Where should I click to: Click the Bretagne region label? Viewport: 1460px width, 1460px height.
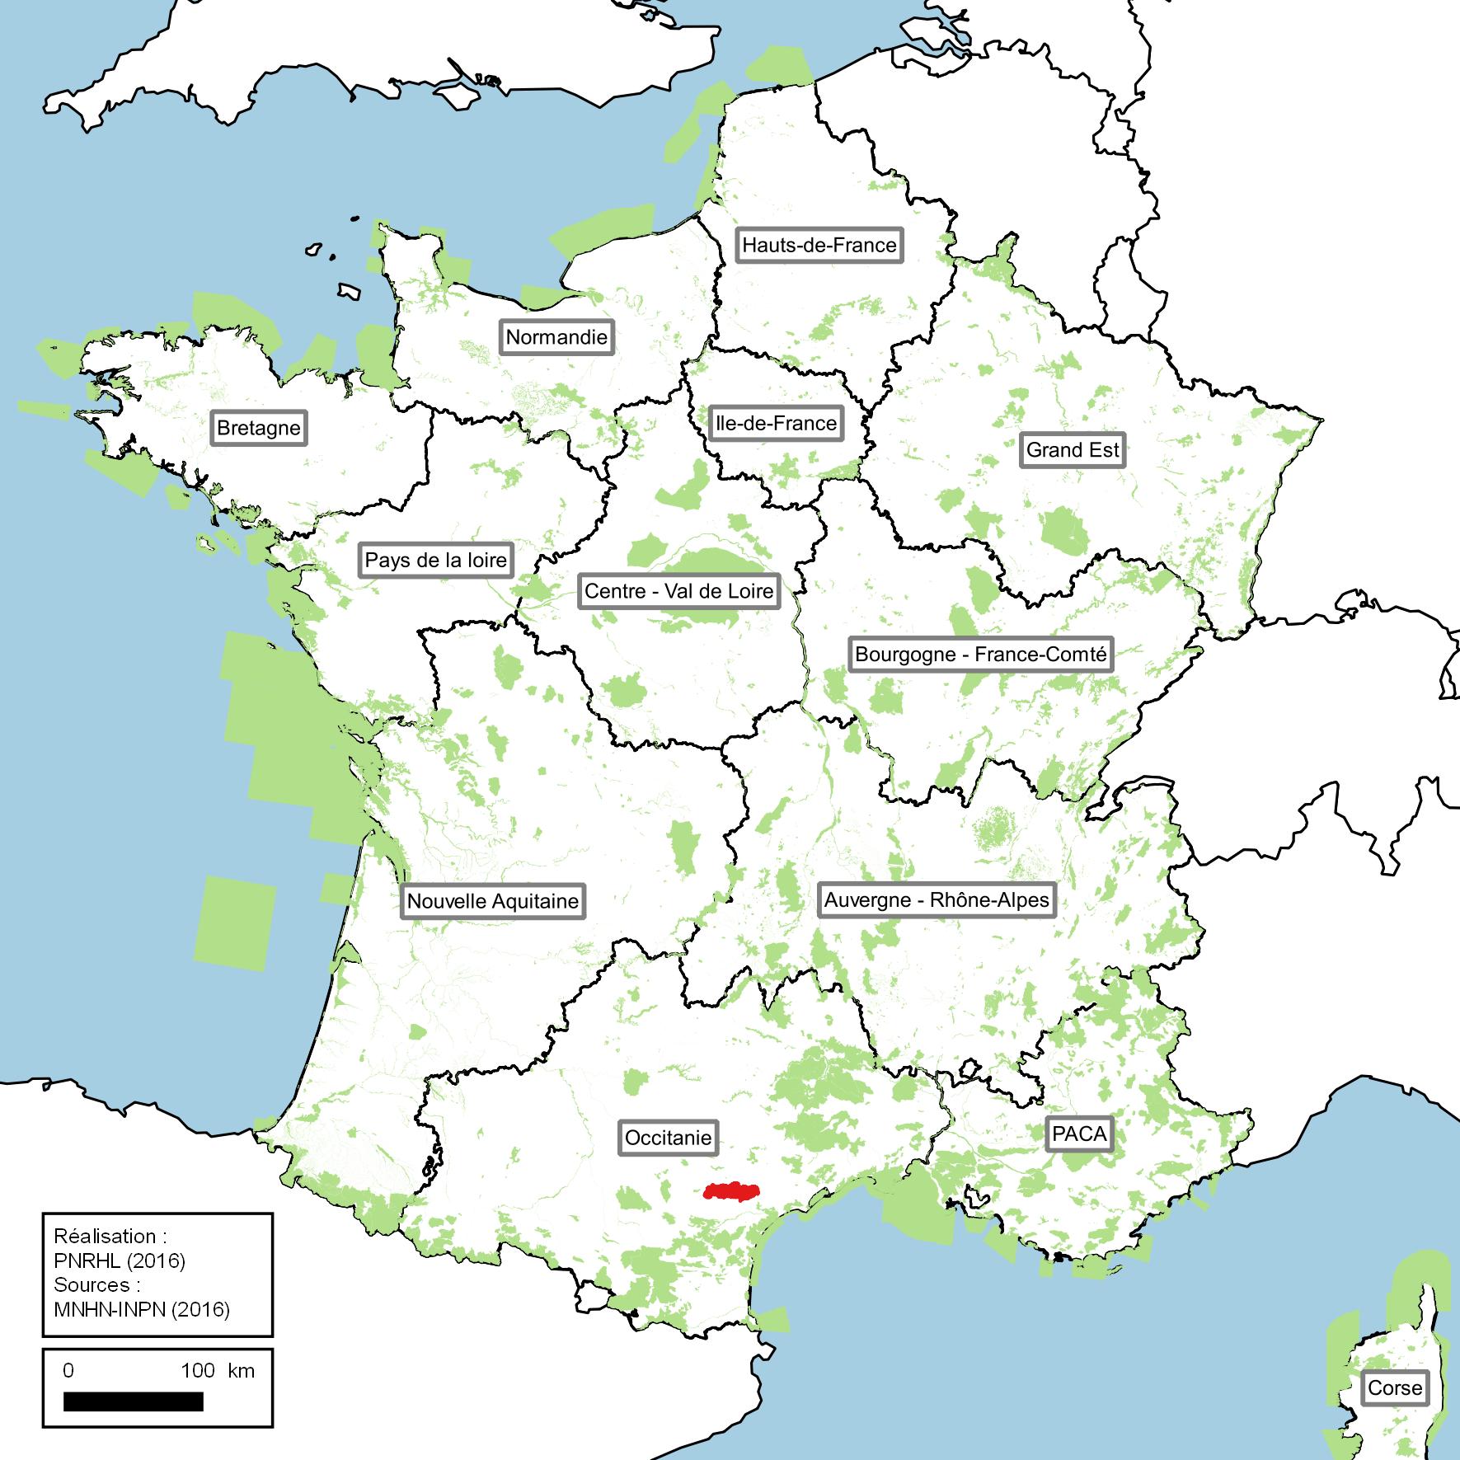tap(259, 429)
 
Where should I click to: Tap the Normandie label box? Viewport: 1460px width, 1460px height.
tap(556, 337)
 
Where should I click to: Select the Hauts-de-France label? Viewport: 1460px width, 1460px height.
tap(819, 245)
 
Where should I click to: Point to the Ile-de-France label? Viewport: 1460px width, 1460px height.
tap(776, 424)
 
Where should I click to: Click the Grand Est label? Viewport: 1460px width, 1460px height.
tap(1073, 450)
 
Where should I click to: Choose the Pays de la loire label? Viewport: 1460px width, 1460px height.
tap(436, 561)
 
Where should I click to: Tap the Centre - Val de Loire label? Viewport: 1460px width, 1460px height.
tap(678, 591)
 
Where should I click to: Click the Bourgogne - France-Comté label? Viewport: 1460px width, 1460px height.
tap(981, 655)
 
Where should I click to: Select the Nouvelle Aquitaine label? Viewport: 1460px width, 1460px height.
tap(493, 901)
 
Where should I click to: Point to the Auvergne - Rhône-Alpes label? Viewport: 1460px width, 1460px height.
tap(937, 899)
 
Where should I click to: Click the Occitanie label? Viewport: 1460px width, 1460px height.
tap(668, 1138)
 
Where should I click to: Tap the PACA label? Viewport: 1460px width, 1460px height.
tap(1079, 1134)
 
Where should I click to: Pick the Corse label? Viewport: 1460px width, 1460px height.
tap(1395, 1387)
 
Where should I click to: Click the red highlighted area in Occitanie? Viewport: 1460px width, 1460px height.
tap(731, 1191)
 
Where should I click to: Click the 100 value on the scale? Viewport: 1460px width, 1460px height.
tap(198, 1370)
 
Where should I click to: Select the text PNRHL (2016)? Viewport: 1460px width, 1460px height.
tap(120, 1260)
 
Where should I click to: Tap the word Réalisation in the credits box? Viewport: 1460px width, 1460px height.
tap(105, 1237)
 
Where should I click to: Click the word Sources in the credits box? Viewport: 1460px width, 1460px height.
tap(92, 1284)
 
